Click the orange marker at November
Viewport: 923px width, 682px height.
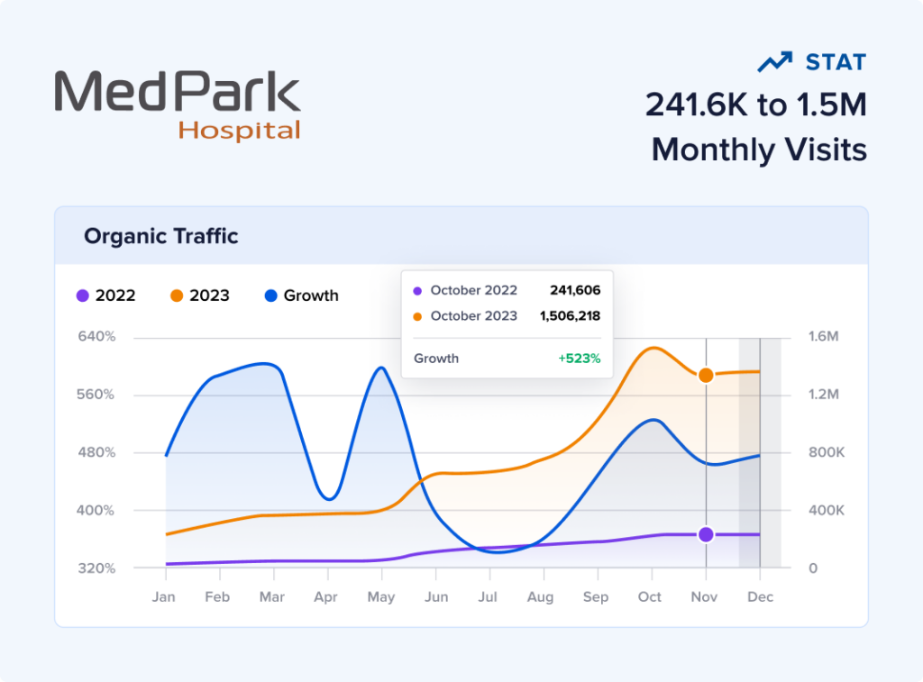pos(706,375)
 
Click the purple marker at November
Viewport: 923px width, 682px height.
pos(706,534)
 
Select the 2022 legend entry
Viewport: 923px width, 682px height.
pos(106,296)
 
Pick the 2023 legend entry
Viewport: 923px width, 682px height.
pos(199,296)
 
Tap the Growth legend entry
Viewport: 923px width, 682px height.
pos(302,296)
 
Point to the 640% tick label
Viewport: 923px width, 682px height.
pos(97,337)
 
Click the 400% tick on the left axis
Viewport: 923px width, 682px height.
pos(97,510)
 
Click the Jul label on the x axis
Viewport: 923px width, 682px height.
pos(488,596)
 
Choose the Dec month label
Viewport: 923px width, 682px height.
pos(761,596)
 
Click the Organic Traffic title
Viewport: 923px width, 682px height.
pos(161,236)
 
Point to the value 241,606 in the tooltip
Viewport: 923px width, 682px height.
pos(575,290)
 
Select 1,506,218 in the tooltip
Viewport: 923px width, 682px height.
pos(570,315)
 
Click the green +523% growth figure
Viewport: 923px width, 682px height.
pos(579,358)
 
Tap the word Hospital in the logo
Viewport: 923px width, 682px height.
pos(239,130)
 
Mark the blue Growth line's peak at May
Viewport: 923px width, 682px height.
pos(381,368)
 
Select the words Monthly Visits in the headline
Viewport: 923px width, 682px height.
pos(759,149)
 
